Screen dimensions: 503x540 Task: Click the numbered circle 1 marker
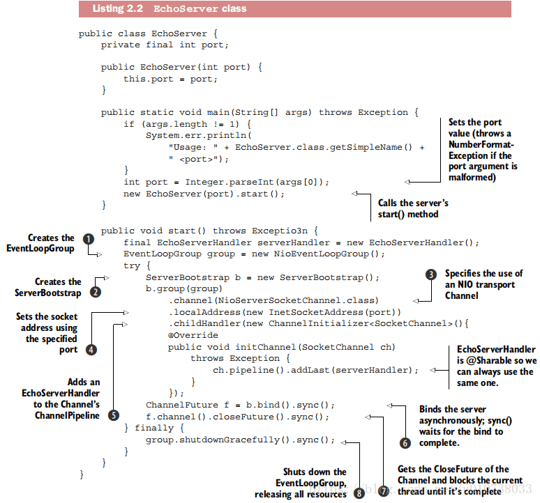[88, 238]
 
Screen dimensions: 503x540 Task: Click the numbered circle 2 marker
[96, 293]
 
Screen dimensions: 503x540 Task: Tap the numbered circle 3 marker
[432, 274]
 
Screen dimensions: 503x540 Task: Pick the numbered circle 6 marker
[405, 442]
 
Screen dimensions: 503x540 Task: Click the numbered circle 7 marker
[383, 492]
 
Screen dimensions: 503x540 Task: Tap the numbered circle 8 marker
[359, 493]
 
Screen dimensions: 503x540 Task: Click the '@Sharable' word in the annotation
[480, 361]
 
